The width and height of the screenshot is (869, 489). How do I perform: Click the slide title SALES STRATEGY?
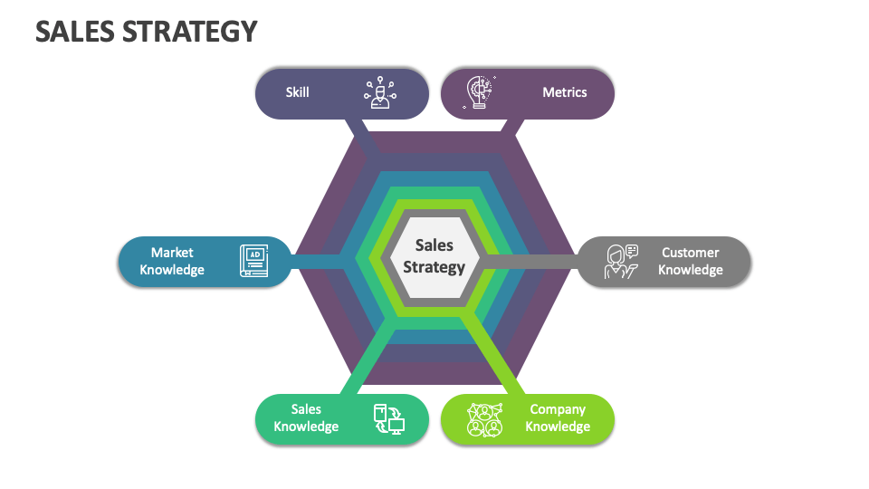coord(146,32)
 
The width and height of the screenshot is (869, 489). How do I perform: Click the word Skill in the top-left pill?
coord(297,92)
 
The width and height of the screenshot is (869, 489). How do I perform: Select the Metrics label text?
coord(564,92)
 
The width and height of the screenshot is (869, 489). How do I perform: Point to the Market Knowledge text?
coord(172,262)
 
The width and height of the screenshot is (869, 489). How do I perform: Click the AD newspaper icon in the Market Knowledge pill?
coord(253,262)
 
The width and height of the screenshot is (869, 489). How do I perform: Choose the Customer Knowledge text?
coord(690,262)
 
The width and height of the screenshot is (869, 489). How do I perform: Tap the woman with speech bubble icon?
coord(621,262)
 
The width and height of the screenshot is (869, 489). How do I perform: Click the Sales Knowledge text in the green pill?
coord(306,418)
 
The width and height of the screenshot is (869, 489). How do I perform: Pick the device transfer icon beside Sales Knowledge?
coord(389,419)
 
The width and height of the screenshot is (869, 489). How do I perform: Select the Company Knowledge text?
coord(558,418)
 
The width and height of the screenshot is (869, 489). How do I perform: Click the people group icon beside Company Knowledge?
coord(484,419)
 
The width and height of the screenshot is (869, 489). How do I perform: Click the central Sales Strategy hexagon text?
coord(434,256)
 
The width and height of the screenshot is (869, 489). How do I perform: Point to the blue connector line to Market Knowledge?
coord(317,262)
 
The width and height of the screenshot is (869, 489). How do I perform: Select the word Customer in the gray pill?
coord(690,253)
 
